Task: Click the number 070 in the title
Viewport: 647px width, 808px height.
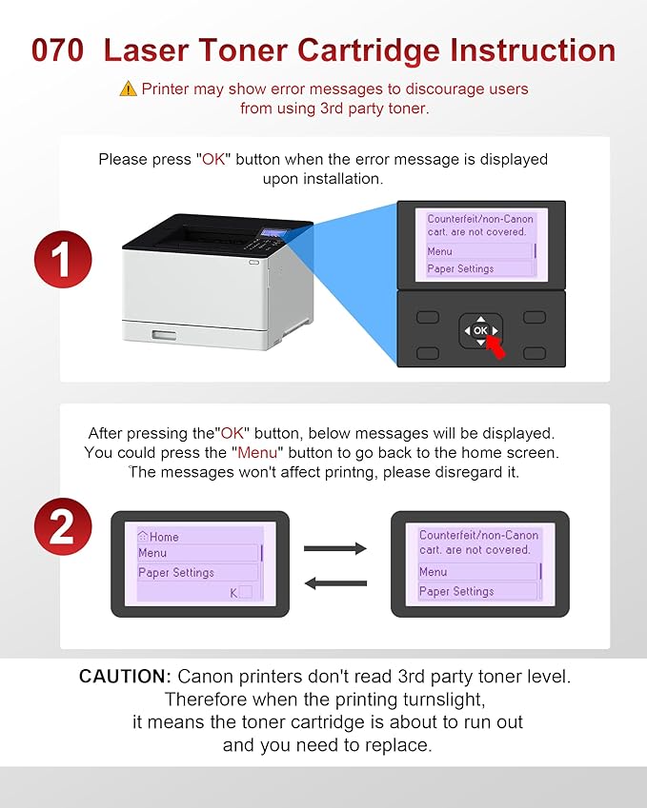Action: [x=57, y=50]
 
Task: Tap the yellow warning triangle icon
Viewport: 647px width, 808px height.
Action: [x=128, y=89]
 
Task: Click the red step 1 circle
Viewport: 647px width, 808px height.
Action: [x=63, y=259]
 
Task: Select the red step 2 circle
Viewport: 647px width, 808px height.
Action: [x=63, y=526]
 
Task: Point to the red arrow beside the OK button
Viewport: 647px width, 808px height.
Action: [x=495, y=349]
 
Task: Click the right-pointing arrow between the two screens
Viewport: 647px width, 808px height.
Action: [x=335, y=548]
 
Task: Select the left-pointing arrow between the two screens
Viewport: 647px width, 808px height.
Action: [x=335, y=583]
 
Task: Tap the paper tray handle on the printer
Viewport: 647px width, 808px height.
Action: [x=164, y=335]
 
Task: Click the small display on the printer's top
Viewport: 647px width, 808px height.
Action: [x=273, y=232]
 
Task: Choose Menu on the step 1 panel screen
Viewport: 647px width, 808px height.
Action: [x=439, y=251]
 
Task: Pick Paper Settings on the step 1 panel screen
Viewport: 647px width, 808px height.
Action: [x=460, y=268]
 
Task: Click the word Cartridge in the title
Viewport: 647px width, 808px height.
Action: [x=369, y=50]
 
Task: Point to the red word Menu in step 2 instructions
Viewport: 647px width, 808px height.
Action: [x=257, y=452]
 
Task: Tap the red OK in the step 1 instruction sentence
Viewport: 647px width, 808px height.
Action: [x=213, y=159]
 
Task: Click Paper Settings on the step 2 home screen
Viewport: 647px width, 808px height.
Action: [x=176, y=573]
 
